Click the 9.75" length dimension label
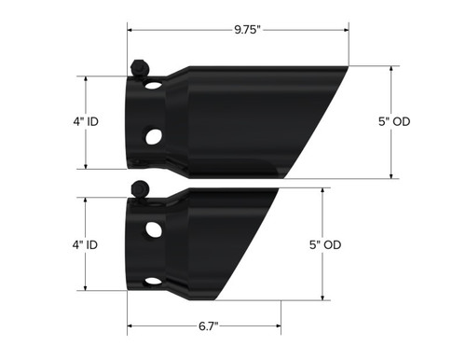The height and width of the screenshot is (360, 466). (x=247, y=29)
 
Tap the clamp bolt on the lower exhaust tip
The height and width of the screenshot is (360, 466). (x=140, y=187)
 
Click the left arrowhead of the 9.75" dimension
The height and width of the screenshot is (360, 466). (x=131, y=29)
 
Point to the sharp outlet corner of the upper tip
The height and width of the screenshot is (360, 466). (x=350, y=66)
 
